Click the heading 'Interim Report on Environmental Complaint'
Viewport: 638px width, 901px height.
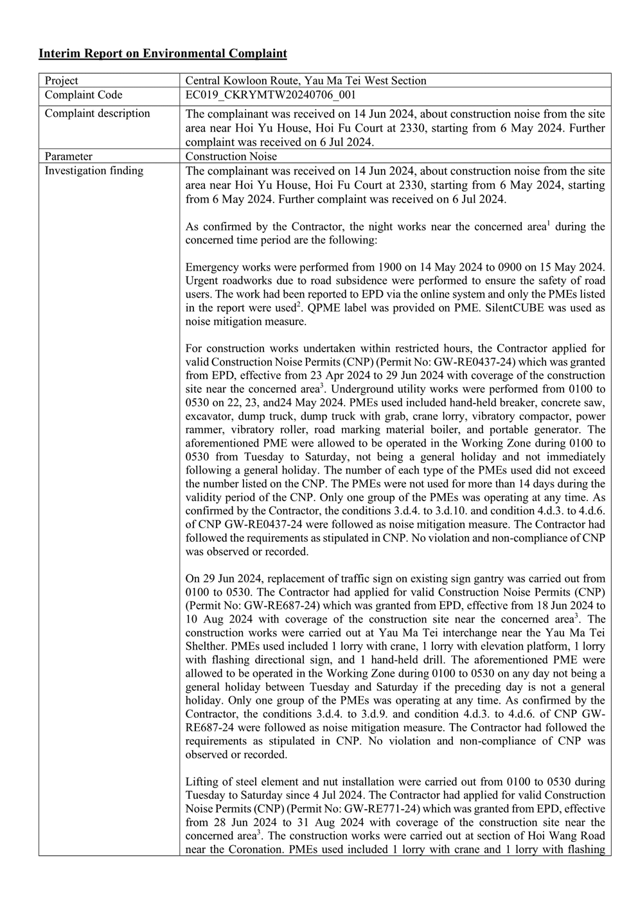click(x=163, y=53)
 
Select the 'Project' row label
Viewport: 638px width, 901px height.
click(x=61, y=80)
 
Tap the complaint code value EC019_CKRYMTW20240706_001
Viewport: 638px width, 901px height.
click(x=270, y=94)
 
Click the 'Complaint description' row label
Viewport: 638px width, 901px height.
click(x=97, y=114)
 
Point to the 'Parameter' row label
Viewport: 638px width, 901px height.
click(x=68, y=156)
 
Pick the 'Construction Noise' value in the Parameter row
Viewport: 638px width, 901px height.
click(x=231, y=156)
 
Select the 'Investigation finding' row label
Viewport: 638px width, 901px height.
click(x=94, y=170)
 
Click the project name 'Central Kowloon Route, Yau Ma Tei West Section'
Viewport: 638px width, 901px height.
click(x=305, y=80)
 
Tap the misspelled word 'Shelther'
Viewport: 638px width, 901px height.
click(x=207, y=647)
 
